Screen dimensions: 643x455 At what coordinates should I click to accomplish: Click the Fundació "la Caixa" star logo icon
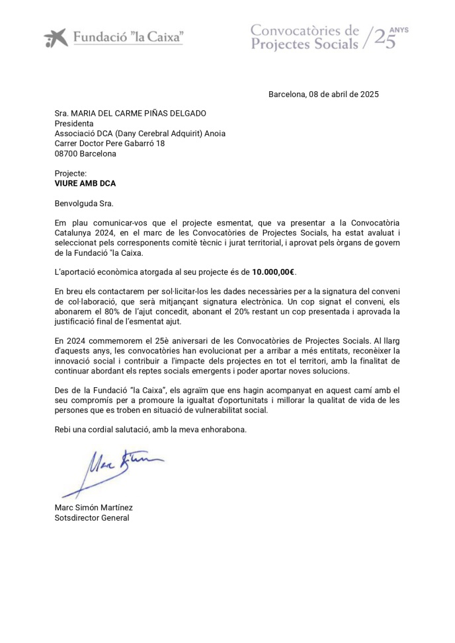tap(56, 38)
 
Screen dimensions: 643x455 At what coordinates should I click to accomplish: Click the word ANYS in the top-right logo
tap(399, 30)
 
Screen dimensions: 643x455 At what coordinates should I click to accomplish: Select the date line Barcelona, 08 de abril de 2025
tap(323, 95)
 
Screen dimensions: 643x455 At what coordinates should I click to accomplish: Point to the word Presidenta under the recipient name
tap(74, 124)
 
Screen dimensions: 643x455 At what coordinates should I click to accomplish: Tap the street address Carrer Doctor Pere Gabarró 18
tap(110, 143)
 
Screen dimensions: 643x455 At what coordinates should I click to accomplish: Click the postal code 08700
tap(65, 153)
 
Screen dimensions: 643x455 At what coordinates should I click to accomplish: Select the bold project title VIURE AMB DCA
tap(85, 184)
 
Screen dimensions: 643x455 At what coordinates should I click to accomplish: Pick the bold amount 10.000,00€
tap(273, 272)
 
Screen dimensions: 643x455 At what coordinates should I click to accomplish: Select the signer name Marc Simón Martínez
tap(94, 508)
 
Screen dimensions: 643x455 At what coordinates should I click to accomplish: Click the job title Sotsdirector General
tap(92, 517)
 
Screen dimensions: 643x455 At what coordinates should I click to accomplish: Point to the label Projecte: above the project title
tap(71, 174)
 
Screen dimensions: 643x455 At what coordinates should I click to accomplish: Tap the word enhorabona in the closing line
tap(224, 430)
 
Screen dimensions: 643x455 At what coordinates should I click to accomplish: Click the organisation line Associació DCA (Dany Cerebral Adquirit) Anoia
tap(140, 133)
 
